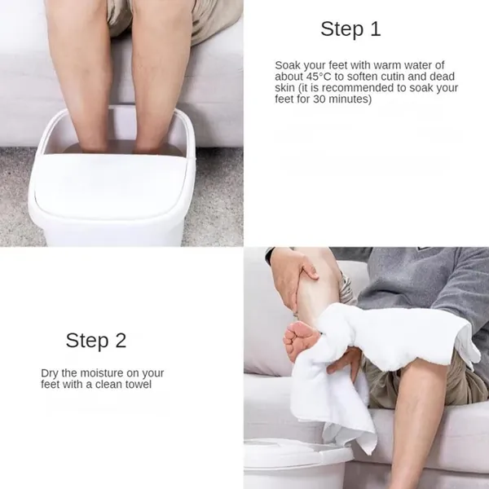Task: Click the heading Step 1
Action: tap(350, 29)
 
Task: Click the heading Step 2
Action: tap(96, 340)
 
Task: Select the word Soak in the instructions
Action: tap(288, 65)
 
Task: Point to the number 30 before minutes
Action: tap(319, 99)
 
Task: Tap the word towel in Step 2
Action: tap(139, 385)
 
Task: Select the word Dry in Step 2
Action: tap(49, 373)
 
